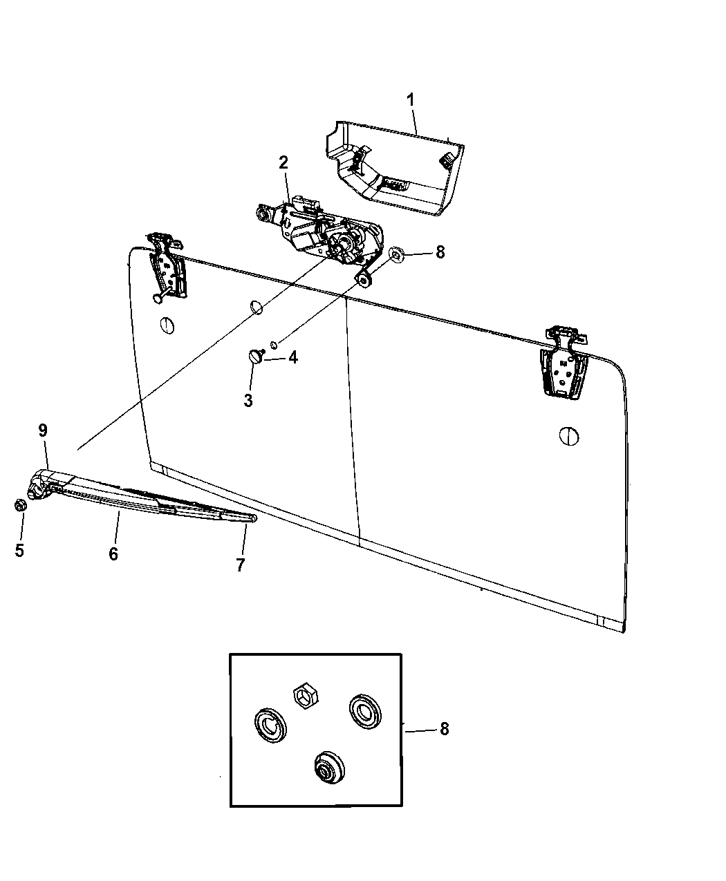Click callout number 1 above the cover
(x=410, y=100)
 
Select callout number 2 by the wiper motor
(x=283, y=162)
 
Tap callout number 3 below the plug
(x=248, y=400)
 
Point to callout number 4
(x=292, y=358)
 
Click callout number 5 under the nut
(x=19, y=550)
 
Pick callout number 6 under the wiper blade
(x=113, y=553)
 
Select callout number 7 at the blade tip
(x=240, y=565)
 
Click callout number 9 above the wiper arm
(x=43, y=430)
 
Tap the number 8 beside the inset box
(x=443, y=728)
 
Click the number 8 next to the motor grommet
(x=440, y=252)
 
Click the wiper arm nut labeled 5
(x=21, y=505)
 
